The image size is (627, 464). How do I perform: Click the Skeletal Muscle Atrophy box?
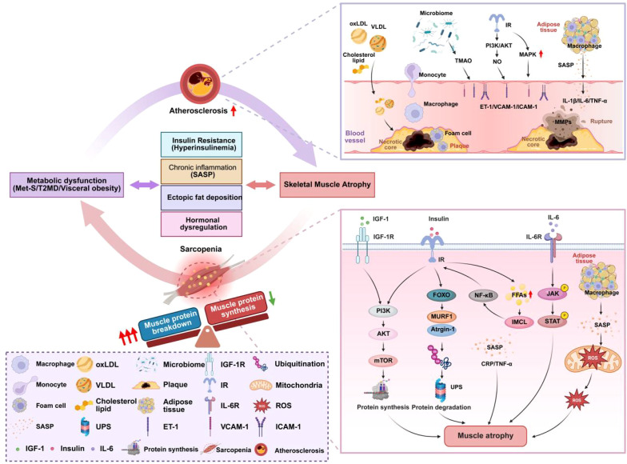(327, 185)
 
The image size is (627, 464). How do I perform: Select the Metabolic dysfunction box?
(67, 184)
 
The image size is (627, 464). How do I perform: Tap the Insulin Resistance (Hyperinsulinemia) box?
(202, 144)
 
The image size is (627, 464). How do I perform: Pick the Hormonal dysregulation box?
(202, 224)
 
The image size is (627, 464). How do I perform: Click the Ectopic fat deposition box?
(202, 198)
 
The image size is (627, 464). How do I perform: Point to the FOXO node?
(441, 295)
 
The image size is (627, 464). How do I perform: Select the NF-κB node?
(483, 296)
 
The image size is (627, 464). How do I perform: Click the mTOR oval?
(383, 360)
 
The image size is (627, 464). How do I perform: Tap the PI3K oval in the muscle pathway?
(383, 310)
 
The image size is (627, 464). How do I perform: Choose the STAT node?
(553, 322)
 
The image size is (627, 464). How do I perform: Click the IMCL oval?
(519, 322)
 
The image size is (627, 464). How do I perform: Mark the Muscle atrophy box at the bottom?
(485, 435)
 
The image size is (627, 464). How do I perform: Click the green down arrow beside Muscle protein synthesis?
(272, 298)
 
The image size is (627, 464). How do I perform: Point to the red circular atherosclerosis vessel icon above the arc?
(200, 83)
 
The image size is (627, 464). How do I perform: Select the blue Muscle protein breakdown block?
(171, 322)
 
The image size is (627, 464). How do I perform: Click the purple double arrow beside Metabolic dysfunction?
(142, 185)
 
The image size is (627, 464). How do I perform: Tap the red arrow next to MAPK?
(541, 54)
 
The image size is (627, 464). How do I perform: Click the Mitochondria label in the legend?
(299, 386)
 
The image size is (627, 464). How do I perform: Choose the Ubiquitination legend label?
(299, 364)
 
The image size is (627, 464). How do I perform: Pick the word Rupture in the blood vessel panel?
(601, 122)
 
